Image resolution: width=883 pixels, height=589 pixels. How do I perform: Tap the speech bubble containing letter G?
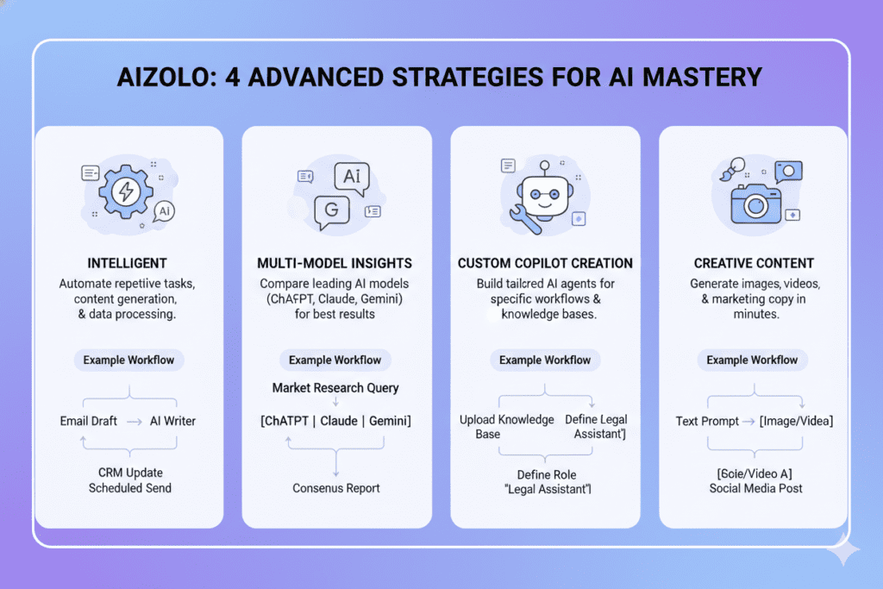(329, 210)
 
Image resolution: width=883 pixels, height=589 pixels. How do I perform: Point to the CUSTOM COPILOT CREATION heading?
(545, 263)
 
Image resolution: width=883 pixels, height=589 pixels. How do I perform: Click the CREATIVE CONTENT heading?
(754, 263)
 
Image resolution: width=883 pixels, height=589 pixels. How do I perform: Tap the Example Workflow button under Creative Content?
(752, 360)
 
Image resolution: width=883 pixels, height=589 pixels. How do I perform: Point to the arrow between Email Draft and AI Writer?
(134, 421)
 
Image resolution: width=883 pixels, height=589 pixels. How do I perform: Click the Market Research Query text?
(335, 388)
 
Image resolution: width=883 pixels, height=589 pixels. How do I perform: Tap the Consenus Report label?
(335, 488)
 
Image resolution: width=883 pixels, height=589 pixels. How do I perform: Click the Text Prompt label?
(707, 421)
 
